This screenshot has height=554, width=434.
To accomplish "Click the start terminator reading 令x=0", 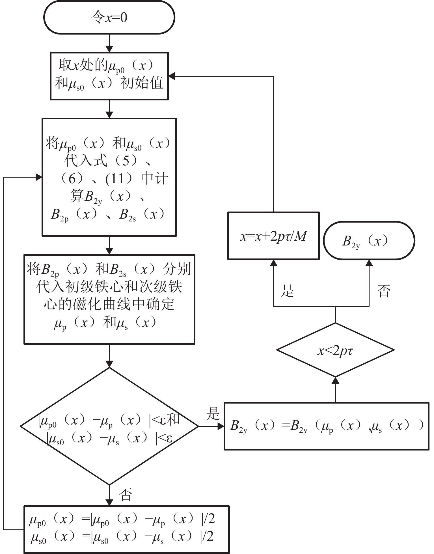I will point(109,18).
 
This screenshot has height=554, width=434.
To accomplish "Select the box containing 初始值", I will point(109,76).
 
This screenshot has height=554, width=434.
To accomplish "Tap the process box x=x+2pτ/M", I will point(273,236).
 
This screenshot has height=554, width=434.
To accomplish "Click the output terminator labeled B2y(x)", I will point(369,240).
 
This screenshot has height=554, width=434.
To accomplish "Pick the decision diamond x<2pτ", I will point(335,350).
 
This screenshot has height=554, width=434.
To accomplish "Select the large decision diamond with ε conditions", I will point(109,426).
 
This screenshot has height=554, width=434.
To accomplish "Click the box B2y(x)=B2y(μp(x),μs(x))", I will point(326,426).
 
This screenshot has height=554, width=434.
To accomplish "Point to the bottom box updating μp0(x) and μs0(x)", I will point(126,529).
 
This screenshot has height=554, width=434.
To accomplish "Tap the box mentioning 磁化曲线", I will point(109,299).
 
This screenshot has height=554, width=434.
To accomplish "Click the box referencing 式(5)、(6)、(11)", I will point(109,177).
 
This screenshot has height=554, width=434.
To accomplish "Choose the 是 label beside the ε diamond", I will point(213,414).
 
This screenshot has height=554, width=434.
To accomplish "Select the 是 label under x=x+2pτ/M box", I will point(287,290).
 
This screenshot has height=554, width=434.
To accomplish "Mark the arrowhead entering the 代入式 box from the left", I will point(39,177).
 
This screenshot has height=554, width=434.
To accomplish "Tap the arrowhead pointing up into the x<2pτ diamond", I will point(335,381).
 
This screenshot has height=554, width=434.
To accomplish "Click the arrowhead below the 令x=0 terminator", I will point(109,49).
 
